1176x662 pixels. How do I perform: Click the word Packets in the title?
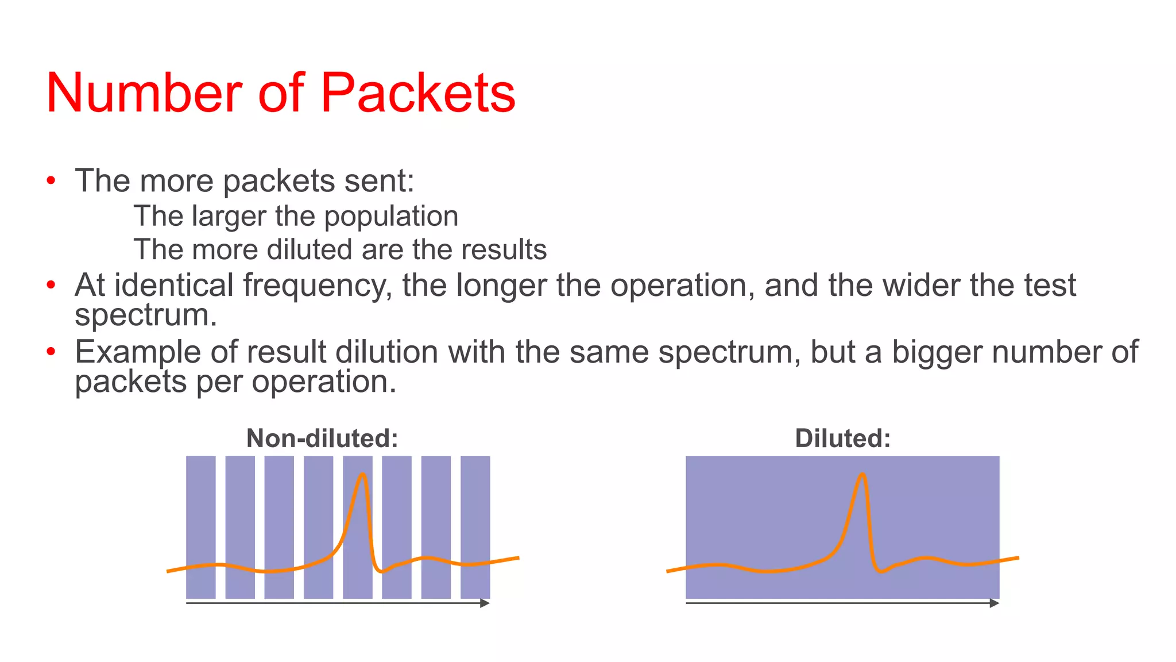coord(417,93)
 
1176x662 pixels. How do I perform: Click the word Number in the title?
coord(144,93)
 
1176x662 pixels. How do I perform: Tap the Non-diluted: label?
coord(322,438)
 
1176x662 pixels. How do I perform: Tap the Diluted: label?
coord(842,438)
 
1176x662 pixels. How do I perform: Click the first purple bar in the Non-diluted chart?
coord(201,517)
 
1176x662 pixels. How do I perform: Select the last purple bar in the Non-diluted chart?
coord(475,517)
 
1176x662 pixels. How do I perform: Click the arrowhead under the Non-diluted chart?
coord(485,603)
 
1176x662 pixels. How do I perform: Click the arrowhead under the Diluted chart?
coord(995,603)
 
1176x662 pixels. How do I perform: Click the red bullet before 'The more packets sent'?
coord(52,181)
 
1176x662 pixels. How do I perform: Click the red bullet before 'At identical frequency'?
coord(52,285)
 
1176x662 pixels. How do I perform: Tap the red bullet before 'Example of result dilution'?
coord(52,351)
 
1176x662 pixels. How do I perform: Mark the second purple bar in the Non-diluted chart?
coord(240,517)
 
